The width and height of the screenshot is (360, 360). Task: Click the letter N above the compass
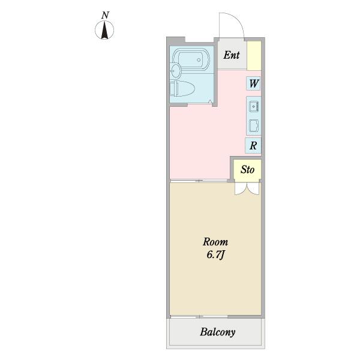(105, 16)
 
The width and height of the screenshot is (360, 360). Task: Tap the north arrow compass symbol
(104, 30)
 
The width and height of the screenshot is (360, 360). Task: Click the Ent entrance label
(232, 55)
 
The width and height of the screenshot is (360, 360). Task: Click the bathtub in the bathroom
(191, 60)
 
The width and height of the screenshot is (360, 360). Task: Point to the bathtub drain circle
(199, 60)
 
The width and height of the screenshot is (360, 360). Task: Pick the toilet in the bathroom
(182, 88)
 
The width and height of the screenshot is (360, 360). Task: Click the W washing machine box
(253, 83)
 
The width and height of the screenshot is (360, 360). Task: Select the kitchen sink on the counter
(254, 107)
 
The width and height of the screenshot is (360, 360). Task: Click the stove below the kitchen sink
(254, 125)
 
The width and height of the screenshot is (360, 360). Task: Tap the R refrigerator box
(253, 145)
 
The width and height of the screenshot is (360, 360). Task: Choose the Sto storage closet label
(247, 170)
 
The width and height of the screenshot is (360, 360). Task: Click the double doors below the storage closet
(247, 189)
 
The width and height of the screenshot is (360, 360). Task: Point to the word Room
(215, 242)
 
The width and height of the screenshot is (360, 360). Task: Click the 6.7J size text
(215, 255)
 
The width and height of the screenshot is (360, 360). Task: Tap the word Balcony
(218, 332)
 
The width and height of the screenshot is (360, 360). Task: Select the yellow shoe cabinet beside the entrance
(254, 56)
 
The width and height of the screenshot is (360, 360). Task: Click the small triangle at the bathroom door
(210, 101)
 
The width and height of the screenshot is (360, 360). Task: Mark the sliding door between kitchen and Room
(199, 181)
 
